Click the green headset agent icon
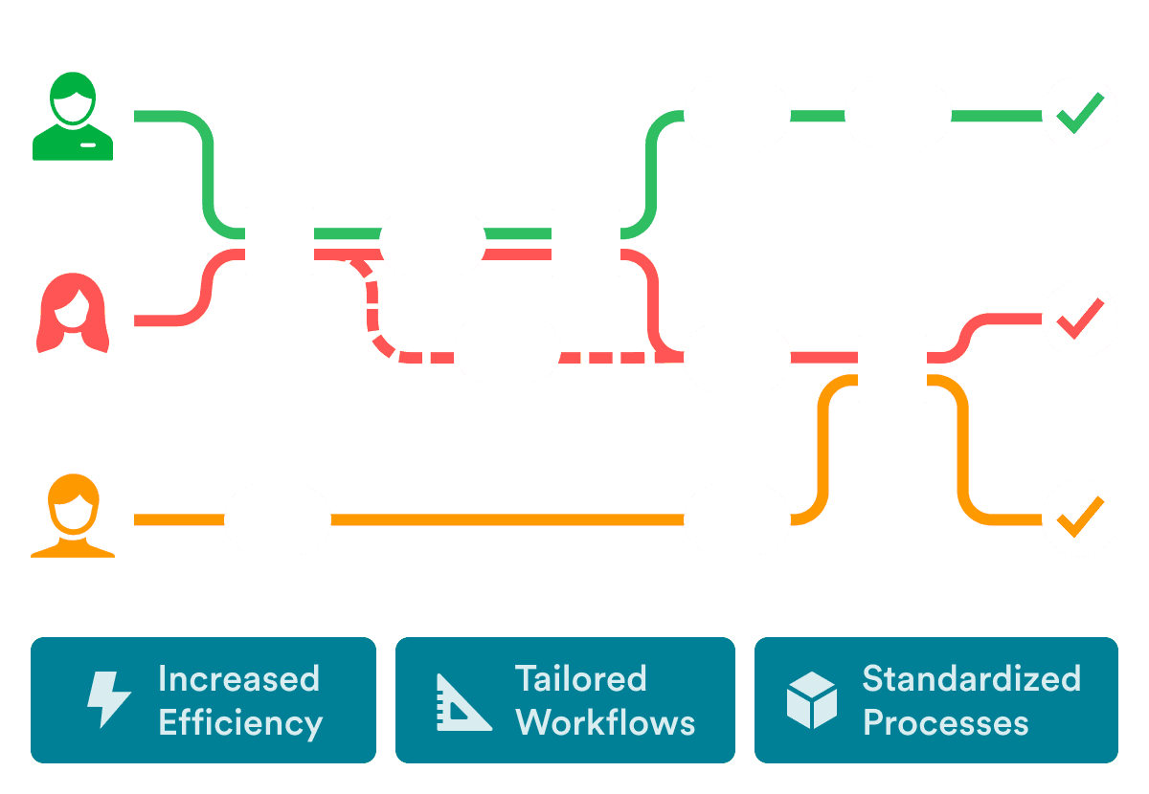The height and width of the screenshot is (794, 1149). tap(73, 117)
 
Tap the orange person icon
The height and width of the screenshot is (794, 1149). tap(73, 518)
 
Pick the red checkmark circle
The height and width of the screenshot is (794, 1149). tap(1079, 319)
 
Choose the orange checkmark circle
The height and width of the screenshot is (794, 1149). tap(1079, 518)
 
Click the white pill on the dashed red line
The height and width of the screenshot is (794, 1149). tap(507, 349)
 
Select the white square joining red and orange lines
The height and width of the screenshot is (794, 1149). tap(891, 369)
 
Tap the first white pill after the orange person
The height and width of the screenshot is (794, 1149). tap(277, 519)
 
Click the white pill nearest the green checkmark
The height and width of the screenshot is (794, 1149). tap(897, 114)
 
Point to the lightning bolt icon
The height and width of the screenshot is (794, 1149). tap(107, 700)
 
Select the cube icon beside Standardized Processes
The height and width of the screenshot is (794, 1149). tap(811, 700)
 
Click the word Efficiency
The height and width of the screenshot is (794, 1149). tap(239, 723)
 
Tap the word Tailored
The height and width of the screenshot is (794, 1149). tap(580, 678)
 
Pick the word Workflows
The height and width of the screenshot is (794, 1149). tap(605, 722)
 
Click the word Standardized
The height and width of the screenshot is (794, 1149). tap(971, 678)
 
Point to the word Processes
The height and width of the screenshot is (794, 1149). tap(945, 722)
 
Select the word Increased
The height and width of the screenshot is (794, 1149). tap(238, 678)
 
